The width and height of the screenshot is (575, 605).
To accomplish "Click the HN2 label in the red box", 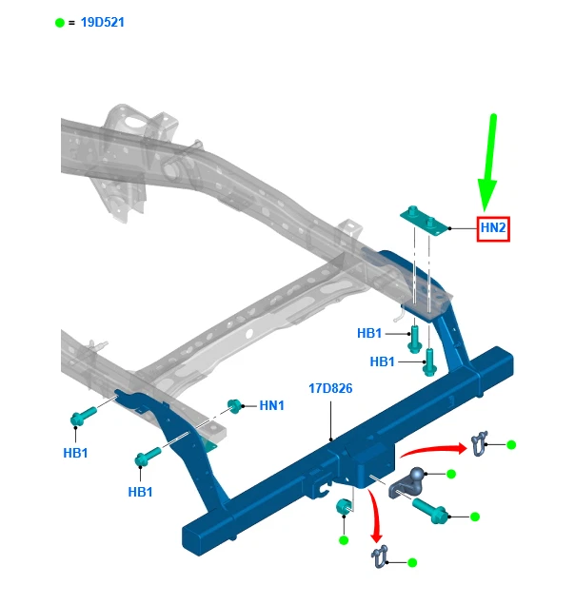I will [493, 228].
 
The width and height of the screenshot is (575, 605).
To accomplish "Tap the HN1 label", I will [272, 405].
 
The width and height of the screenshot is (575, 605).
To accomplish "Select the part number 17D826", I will [330, 388].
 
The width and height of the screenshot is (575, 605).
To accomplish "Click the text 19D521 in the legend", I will [102, 22].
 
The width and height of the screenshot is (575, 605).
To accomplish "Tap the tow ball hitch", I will [411, 479].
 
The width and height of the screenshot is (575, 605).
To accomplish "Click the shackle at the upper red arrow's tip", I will [479, 441].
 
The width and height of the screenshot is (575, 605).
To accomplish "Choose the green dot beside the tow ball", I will [451, 474].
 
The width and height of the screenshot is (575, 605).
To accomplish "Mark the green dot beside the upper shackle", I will [510, 444].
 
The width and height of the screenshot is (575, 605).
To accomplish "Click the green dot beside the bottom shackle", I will [412, 563].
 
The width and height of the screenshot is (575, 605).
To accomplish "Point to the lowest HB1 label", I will [141, 491].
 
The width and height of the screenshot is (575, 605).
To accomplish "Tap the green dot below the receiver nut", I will [344, 540].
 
